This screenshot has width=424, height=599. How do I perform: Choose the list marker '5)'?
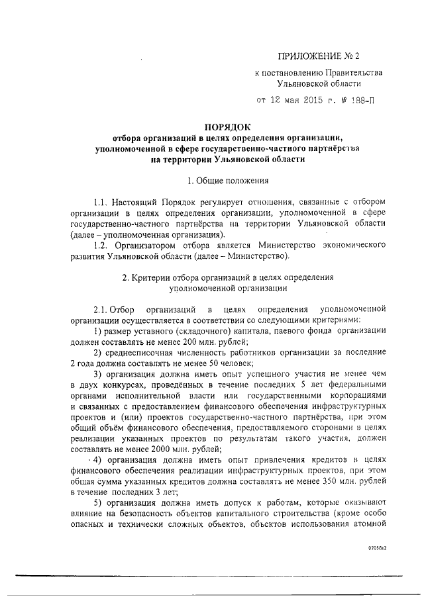coord(97,503)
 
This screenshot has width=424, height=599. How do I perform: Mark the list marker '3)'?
coord(97,374)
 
